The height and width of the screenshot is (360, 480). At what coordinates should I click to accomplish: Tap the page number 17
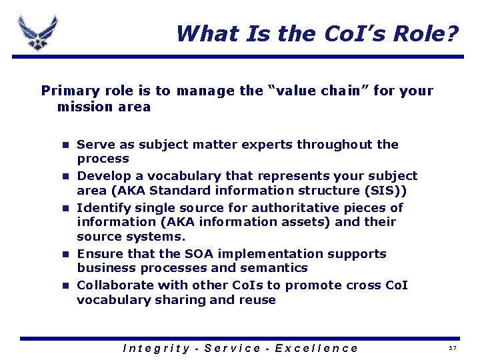[453, 349]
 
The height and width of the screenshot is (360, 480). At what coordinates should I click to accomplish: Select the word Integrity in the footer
[157, 348]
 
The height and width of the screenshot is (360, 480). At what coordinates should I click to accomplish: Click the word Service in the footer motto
[233, 348]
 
